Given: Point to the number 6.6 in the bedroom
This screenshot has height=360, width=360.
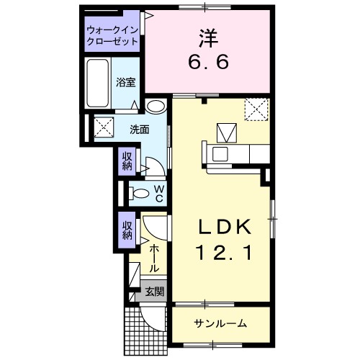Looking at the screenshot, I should (209, 63).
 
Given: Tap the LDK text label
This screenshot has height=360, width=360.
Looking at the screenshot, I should (224, 228).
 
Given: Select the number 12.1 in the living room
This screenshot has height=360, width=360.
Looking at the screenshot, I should (224, 252).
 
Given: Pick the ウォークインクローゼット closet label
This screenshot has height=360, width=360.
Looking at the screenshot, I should (112, 36).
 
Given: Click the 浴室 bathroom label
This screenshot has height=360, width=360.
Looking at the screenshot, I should (125, 83).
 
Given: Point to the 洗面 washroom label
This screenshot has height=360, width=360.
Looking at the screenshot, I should (139, 130).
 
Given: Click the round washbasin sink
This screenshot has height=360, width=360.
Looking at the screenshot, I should (155, 107).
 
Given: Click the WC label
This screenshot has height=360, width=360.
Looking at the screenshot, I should (160, 192).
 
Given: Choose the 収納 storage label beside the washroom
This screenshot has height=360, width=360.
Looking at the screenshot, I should (127, 160).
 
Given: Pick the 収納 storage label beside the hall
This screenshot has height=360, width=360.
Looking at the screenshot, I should (127, 229).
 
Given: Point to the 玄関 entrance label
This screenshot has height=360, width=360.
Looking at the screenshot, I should (154, 292).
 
